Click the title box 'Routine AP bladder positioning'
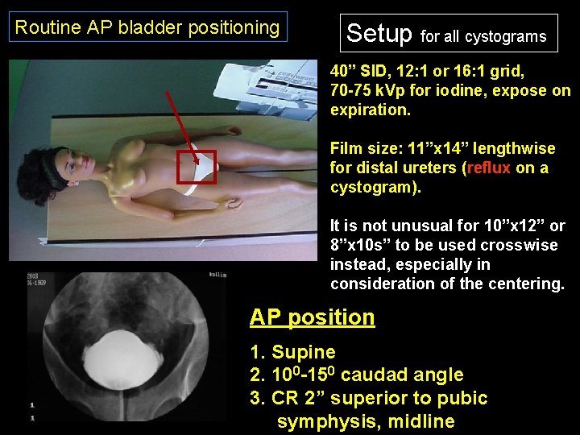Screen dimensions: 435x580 pyautogui.click(x=147, y=27)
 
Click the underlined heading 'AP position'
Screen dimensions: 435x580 pyautogui.click(x=312, y=317)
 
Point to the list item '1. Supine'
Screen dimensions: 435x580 pyautogui.click(x=292, y=352)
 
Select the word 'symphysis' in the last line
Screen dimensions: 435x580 pyautogui.click(x=315, y=420)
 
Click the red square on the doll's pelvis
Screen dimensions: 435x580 pyautogui.click(x=198, y=167)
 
